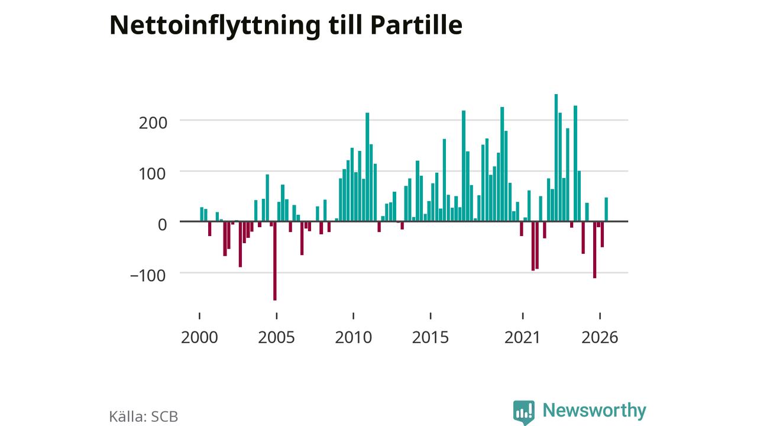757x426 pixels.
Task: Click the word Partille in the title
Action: [x=416, y=25]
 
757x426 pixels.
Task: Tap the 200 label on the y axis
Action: [x=153, y=123]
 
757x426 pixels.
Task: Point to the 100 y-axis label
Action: [x=153, y=174]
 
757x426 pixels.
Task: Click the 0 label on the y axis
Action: [x=162, y=225]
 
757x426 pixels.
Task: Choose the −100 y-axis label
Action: [x=148, y=276]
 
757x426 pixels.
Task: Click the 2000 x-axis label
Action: [x=199, y=337]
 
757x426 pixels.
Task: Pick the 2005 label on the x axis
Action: [x=276, y=337]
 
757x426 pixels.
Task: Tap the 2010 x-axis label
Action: [x=354, y=337]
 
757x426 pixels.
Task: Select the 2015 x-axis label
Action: [x=431, y=337]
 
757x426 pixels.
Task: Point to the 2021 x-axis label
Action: [x=522, y=337]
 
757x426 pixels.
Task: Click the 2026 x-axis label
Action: [x=600, y=337]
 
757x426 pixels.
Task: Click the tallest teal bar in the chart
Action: [x=557, y=157]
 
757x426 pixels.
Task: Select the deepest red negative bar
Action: [x=275, y=261]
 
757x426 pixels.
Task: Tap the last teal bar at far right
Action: [x=606, y=209]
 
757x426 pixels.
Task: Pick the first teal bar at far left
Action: [x=202, y=214]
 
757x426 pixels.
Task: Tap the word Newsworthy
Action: [x=594, y=411]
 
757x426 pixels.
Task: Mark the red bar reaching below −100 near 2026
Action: [x=595, y=250]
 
